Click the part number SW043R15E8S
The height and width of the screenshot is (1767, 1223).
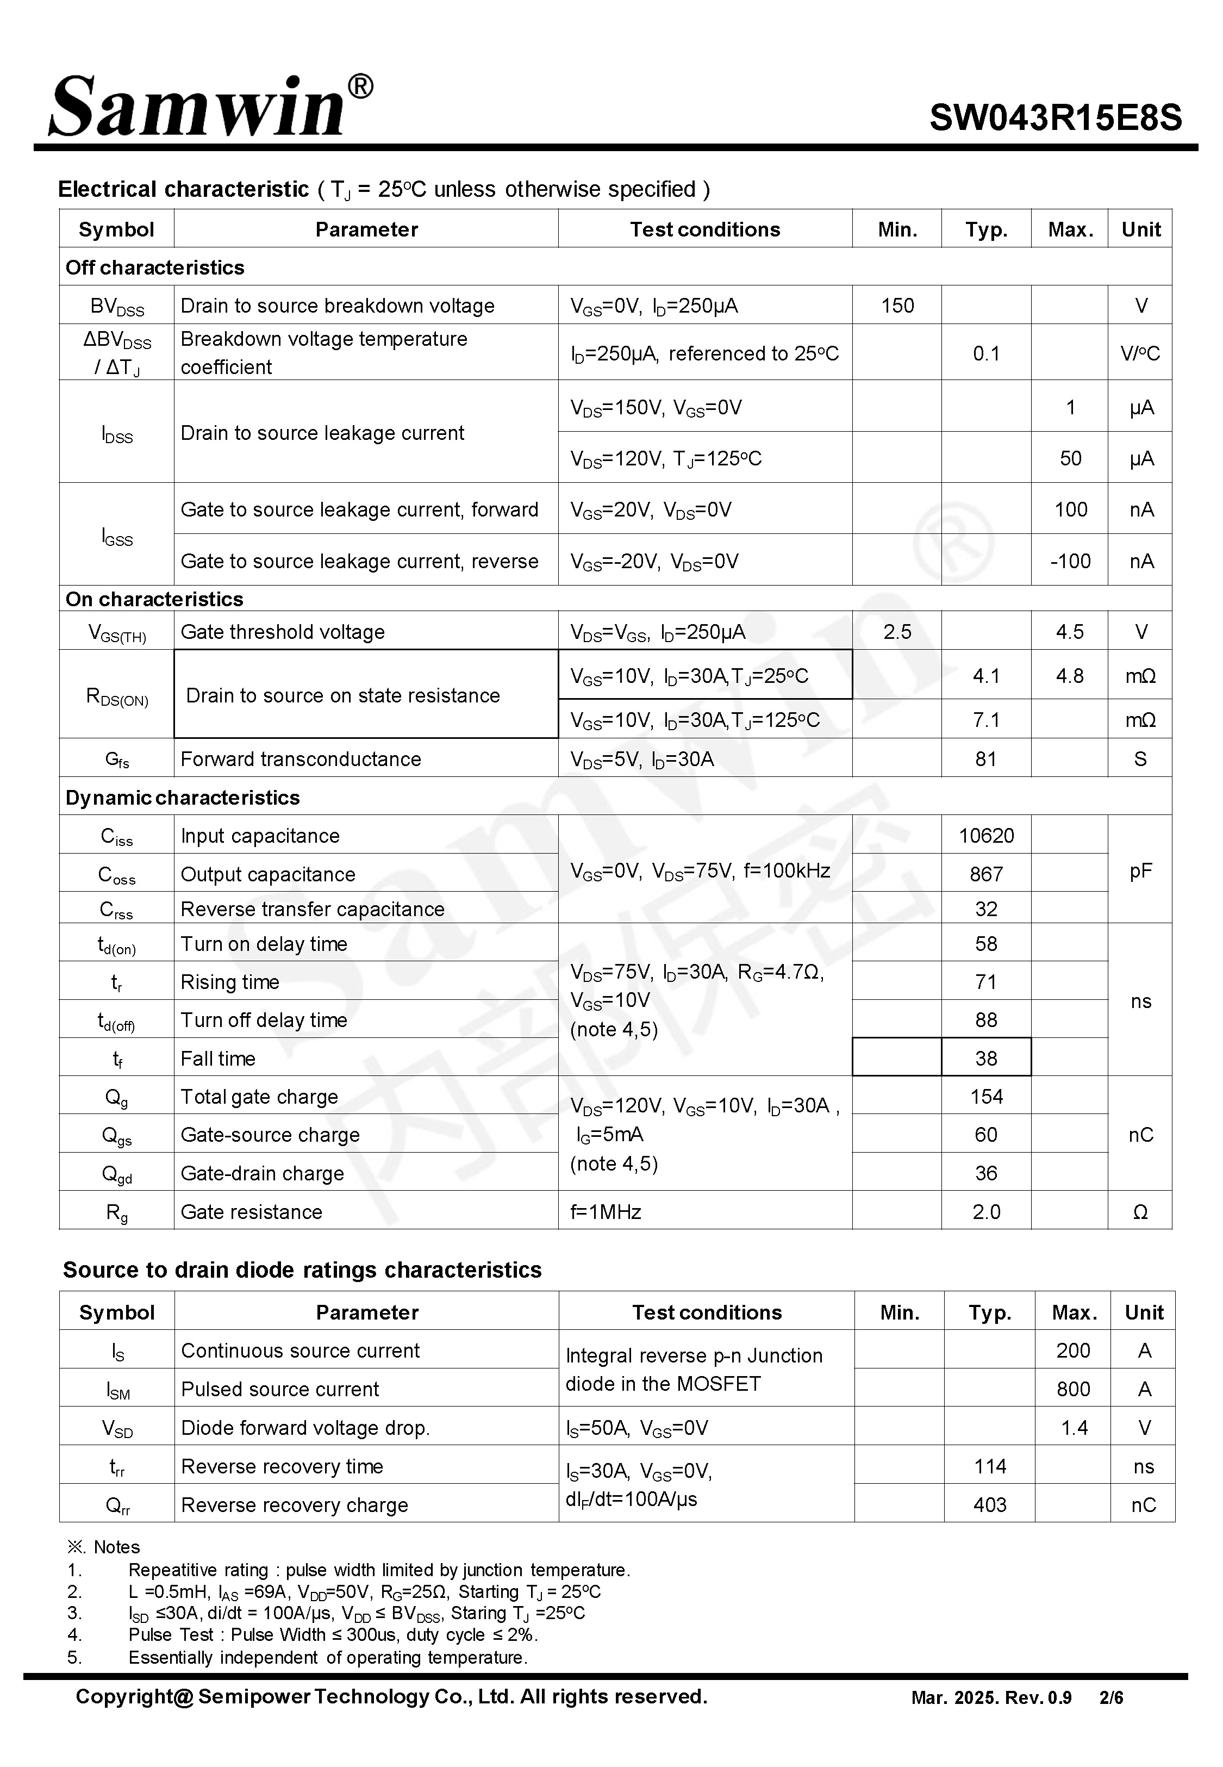click(x=1055, y=118)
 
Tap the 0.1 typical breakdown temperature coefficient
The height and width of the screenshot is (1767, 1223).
click(x=985, y=353)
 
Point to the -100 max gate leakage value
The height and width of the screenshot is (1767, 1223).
click(x=1070, y=561)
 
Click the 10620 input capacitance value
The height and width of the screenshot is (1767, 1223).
click(x=985, y=835)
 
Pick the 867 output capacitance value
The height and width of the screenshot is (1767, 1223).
click(x=985, y=874)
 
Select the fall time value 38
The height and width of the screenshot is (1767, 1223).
click(x=985, y=1058)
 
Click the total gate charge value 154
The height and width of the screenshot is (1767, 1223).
click(x=985, y=1097)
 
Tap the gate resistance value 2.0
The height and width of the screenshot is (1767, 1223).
click(x=985, y=1211)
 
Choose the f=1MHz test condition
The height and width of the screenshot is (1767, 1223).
click(x=606, y=1211)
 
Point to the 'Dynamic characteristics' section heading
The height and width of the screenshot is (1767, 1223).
click(x=183, y=798)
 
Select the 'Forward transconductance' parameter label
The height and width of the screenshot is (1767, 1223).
click(x=301, y=758)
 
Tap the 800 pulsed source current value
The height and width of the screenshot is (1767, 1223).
click(x=1073, y=1389)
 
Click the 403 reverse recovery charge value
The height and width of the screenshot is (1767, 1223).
click(x=989, y=1505)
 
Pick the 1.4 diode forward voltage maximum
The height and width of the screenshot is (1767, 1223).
click(x=1074, y=1428)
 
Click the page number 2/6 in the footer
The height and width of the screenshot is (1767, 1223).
click(x=1110, y=1697)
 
